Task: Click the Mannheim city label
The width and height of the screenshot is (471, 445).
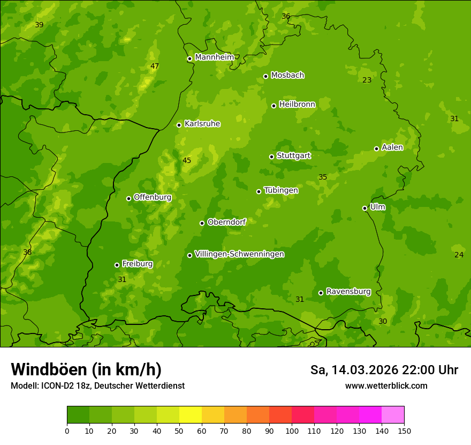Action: [214, 57]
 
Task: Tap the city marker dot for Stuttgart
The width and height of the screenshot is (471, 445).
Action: [271, 157]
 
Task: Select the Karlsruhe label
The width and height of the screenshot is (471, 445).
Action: [202, 124]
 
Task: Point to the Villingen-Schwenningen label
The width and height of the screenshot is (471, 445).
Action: [239, 254]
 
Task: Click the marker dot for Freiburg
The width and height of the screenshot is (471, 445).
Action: [117, 265]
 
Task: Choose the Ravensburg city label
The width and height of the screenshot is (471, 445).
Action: [348, 292]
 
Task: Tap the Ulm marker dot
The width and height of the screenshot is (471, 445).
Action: [364, 208]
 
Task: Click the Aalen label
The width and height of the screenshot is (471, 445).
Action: [392, 147]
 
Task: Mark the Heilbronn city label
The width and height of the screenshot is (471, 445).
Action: [297, 105]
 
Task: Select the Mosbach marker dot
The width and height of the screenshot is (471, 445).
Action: [265, 76]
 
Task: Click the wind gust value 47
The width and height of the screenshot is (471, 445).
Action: [155, 66]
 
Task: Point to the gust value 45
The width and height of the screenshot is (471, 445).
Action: [187, 160]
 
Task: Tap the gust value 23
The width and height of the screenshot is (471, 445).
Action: [367, 80]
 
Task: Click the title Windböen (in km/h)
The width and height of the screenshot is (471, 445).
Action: [86, 369]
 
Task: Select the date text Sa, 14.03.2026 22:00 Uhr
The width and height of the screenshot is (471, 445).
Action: [384, 370]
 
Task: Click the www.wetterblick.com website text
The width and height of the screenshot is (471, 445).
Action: [386, 385]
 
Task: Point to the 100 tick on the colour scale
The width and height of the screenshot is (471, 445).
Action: [292, 431]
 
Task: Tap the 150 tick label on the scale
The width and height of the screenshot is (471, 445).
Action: [404, 431]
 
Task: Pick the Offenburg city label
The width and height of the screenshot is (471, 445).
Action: [152, 197]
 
